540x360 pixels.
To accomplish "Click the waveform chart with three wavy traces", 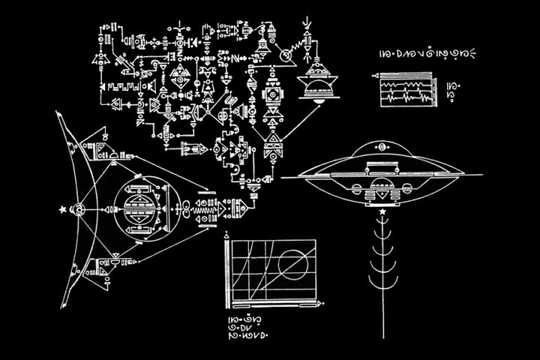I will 405,91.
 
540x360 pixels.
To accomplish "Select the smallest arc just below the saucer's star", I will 383,223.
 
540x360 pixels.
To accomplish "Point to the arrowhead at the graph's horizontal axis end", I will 323,304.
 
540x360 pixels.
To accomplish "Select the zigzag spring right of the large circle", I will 204,213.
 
